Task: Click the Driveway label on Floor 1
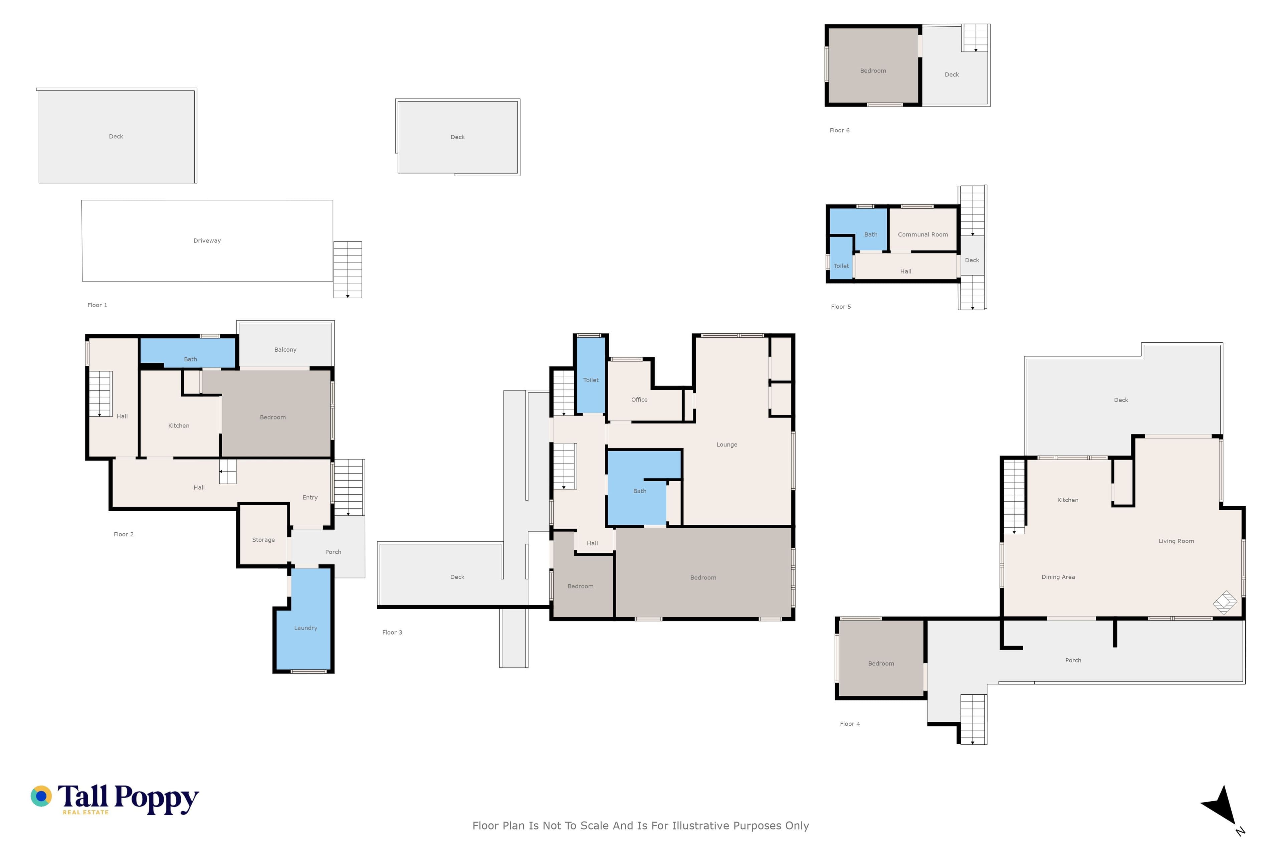[x=207, y=240]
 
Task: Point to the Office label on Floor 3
[x=639, y=400]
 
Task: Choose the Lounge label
[x=726, y=445]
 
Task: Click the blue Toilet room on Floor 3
[x=591, y=375]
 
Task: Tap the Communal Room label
[x=923, y=234]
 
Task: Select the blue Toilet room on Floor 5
[x=841, y=258]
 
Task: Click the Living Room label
[x=1176, y=541]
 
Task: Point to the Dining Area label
[x=1058, y=577]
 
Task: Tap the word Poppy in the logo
[x=157, y=799]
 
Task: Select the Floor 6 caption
[x=839, y=130]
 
